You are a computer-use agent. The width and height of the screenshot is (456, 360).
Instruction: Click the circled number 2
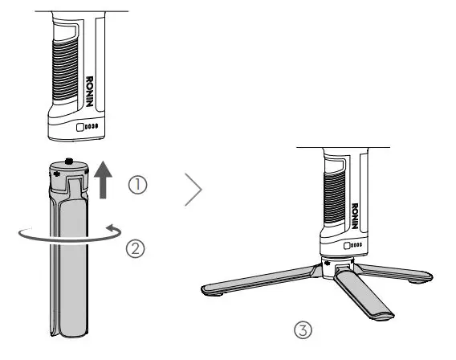[x=137, y=248]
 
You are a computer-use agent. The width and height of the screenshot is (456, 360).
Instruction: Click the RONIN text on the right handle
[x=354, y=214]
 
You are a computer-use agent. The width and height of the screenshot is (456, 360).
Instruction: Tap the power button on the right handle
[x=349, y=246]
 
